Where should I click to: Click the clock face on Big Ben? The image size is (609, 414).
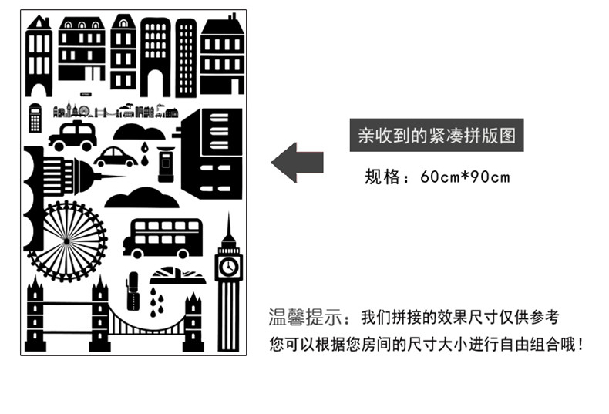228,267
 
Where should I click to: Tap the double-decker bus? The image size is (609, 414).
163,238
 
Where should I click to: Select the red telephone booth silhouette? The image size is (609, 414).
35,117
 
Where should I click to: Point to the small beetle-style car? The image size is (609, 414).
116,157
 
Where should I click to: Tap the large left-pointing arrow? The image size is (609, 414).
297,162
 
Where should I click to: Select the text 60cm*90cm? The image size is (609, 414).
465,177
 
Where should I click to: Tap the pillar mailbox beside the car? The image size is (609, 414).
165,163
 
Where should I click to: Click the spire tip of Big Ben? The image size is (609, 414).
228,215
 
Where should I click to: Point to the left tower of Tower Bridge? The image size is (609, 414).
35,316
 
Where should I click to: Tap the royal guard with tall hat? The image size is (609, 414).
133,291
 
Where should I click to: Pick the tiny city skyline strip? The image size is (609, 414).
116,111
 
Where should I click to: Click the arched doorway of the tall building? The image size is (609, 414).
154,82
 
